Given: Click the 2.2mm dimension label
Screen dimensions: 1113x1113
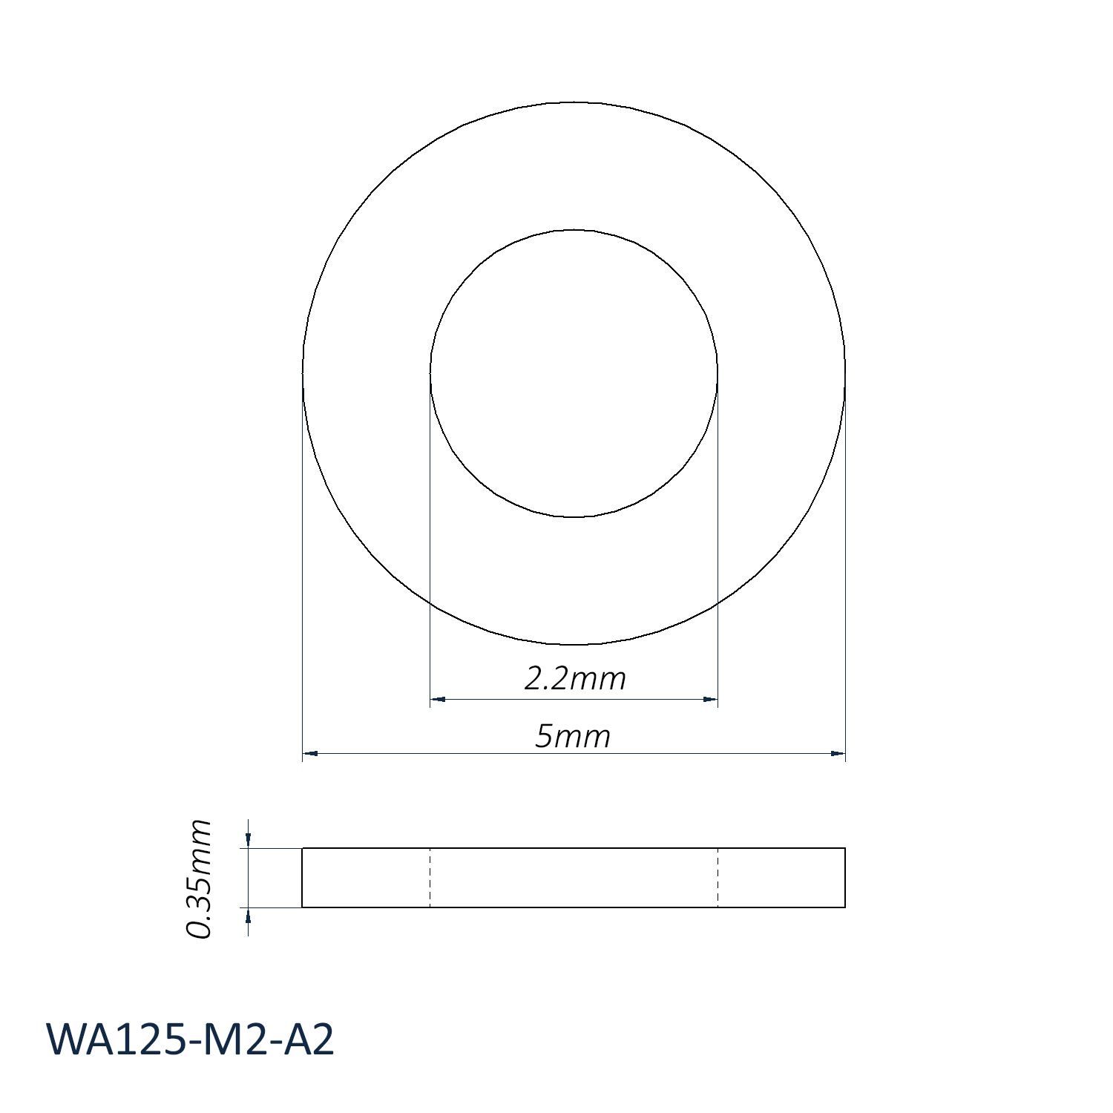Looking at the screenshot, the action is pyautogui.click(x=575, y=678).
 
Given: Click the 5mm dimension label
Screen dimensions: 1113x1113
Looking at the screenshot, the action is pyautogui.click(x=573, y=737).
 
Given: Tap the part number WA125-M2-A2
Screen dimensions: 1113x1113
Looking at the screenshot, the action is pyautogui.click(x=191, y=1040).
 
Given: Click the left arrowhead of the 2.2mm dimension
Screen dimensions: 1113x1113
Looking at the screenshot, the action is pyautogui.click(x=438, y=699).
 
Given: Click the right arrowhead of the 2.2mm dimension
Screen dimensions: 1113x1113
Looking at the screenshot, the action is pyautogui.click(x=710, y=699).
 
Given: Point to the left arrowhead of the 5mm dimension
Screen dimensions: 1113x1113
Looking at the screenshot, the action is pyautogui.click(x=310, y=754).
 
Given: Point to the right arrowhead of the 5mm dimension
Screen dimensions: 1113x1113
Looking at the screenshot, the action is pyautogui.click(x=838, y=754).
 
